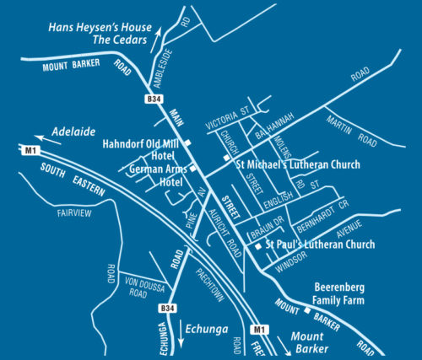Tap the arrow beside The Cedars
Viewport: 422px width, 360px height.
point(159,36)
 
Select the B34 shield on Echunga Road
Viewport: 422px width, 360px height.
point(169,309)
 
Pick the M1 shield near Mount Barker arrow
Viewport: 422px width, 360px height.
point(259,330)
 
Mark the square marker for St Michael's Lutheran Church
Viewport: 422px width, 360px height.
point(225,158)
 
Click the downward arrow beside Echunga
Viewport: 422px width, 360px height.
point(181,336)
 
